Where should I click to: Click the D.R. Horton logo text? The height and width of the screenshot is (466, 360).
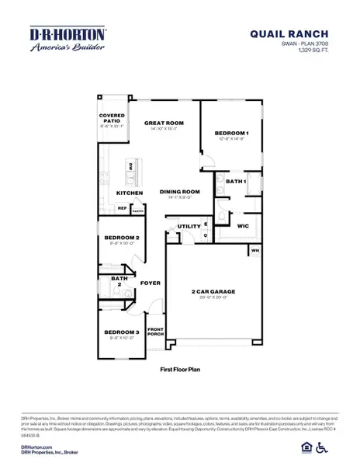(67, 34)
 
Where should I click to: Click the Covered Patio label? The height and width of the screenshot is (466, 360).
(112, 118)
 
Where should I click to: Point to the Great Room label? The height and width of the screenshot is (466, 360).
(163, 123)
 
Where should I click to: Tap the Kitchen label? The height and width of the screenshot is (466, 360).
(129, 193)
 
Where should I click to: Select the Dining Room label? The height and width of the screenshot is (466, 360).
(180, 192)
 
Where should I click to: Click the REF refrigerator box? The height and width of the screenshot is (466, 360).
(122, 207)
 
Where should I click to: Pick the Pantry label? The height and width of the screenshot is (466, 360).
(138, 209)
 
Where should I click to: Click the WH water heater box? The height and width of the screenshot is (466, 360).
(254, 251)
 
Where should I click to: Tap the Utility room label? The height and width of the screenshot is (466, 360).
(189, 226)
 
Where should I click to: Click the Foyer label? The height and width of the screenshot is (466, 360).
(150, 283)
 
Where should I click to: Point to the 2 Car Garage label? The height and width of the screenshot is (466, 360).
(213, 291)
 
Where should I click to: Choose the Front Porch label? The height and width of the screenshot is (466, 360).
(156, 332)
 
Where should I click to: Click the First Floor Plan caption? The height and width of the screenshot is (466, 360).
(180, 371)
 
